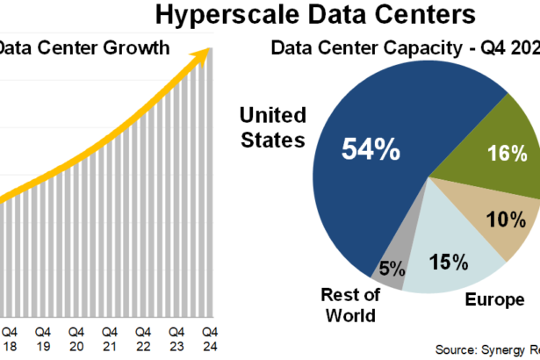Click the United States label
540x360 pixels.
coord(273,127)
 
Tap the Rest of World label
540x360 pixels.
coord(349,305)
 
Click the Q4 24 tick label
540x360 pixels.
coord(210,338)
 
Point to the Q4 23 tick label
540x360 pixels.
coord(176,338)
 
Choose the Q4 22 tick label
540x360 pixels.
coord(142,338)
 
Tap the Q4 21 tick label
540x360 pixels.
coord(109,338)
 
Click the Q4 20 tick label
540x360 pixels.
coord(76,338)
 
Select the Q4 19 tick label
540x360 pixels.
coord(42,338)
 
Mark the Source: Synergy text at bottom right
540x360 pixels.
coord(487,349)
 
